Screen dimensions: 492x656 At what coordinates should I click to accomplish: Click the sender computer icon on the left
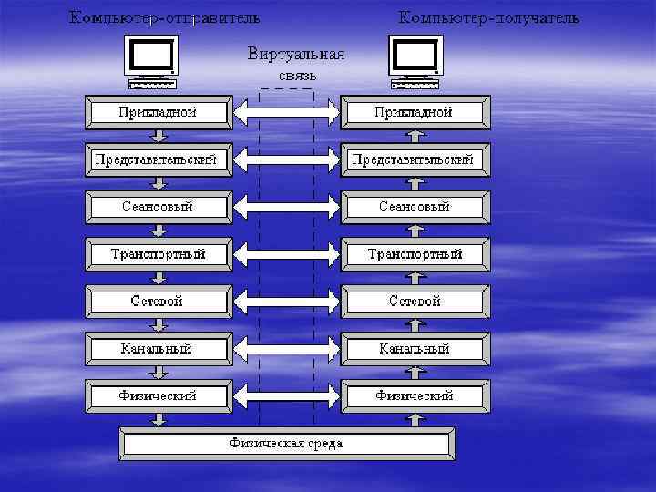pos(153,62)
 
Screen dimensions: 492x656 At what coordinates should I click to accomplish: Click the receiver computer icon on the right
pos(415,62)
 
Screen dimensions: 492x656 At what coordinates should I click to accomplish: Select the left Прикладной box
pos(159,112)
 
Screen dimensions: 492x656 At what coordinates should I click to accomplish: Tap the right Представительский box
pos(415,159)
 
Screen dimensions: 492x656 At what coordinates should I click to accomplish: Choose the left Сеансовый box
pos(159,207)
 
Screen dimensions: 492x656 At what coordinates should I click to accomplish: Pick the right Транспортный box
pos(415,254)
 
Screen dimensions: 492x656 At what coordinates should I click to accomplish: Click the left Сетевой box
pos(159,302)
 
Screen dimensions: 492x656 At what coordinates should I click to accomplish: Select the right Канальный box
pos(415,349)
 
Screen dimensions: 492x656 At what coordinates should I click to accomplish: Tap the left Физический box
pos(159,396)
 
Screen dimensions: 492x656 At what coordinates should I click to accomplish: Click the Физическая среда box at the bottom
pos(287,445)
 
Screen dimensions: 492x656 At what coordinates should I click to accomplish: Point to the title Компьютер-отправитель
pos(165,18)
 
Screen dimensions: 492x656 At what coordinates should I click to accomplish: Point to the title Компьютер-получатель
pos(488,18)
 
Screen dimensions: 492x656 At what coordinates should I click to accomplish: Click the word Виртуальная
pos(296,54)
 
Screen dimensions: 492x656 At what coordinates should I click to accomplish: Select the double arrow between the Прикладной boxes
pos(287,112)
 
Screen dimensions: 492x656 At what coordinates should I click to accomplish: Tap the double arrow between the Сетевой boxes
pos(287,302)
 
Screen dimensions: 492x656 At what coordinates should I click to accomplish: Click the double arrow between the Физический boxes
pos(287,396)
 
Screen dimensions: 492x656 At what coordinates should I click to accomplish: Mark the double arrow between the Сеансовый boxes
pos(287,207)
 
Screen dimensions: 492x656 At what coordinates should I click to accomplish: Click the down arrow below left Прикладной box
pos(159,136)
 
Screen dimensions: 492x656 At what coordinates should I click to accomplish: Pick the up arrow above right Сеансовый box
pos(415,183)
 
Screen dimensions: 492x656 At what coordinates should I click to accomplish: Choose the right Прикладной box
pos(415,112)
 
